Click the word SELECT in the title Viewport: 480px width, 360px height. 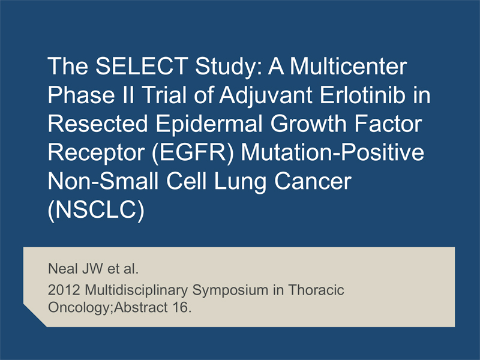click(x=142, y=66)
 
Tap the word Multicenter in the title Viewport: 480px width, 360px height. click(x=349, y=66)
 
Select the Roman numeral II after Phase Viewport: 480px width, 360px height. click(x=128, y=95)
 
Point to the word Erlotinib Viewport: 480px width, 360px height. click(x=362, y=95)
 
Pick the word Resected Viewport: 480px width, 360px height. click(x=98, y=124)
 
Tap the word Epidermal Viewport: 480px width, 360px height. click(x=209, y=125)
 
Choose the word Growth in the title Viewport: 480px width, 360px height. click(x=308, y=124)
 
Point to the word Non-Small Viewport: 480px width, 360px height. click(x=103, y=181)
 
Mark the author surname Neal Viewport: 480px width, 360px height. click(x=63, y=268)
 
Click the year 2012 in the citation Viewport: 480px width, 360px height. click(x=64, y=290)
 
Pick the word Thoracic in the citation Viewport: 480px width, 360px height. click(x=316, y=290)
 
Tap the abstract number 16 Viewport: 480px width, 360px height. click(x=182, y=307)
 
